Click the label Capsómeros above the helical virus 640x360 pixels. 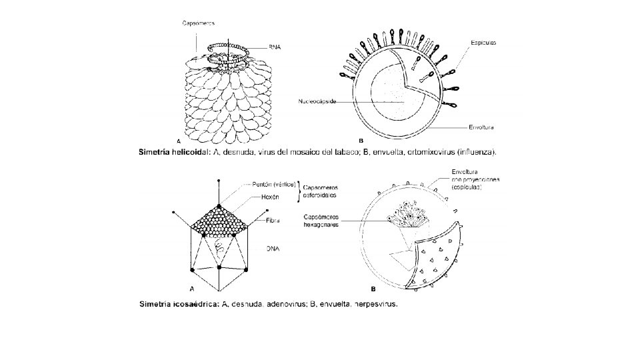point(199,23)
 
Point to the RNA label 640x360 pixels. point(275,47)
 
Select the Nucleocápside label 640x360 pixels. point(317,102)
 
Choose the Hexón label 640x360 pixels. point(270,197)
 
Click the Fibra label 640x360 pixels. point(272,219)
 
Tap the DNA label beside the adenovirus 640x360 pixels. point(273,248)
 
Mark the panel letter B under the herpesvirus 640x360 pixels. point(373,289)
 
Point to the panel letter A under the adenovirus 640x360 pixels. point(191,289)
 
